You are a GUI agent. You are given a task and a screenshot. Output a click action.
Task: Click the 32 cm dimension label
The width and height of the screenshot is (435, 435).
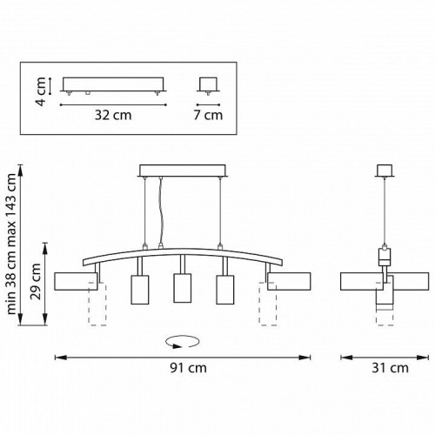(x=113, y=115)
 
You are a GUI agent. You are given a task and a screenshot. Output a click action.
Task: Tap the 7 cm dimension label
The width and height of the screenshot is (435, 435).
(x=208, y=115)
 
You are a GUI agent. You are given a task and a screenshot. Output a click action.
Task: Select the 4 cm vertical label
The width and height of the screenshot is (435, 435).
(x=42, y=91)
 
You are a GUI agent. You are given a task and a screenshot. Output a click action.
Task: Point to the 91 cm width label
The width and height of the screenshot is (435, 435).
(x=189, y=368)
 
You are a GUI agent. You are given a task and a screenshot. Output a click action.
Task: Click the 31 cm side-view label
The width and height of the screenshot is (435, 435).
(x=390, y=368)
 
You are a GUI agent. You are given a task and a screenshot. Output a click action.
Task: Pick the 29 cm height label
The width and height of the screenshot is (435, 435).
(x=37, y=281)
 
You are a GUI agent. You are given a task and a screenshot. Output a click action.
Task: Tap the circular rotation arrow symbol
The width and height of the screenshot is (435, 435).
(x=183, y=342)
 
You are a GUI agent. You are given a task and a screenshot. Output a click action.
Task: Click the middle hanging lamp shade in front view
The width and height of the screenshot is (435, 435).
(x=183, y=288)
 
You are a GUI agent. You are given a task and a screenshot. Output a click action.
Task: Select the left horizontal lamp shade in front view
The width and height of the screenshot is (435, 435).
(x=76, y=281)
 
